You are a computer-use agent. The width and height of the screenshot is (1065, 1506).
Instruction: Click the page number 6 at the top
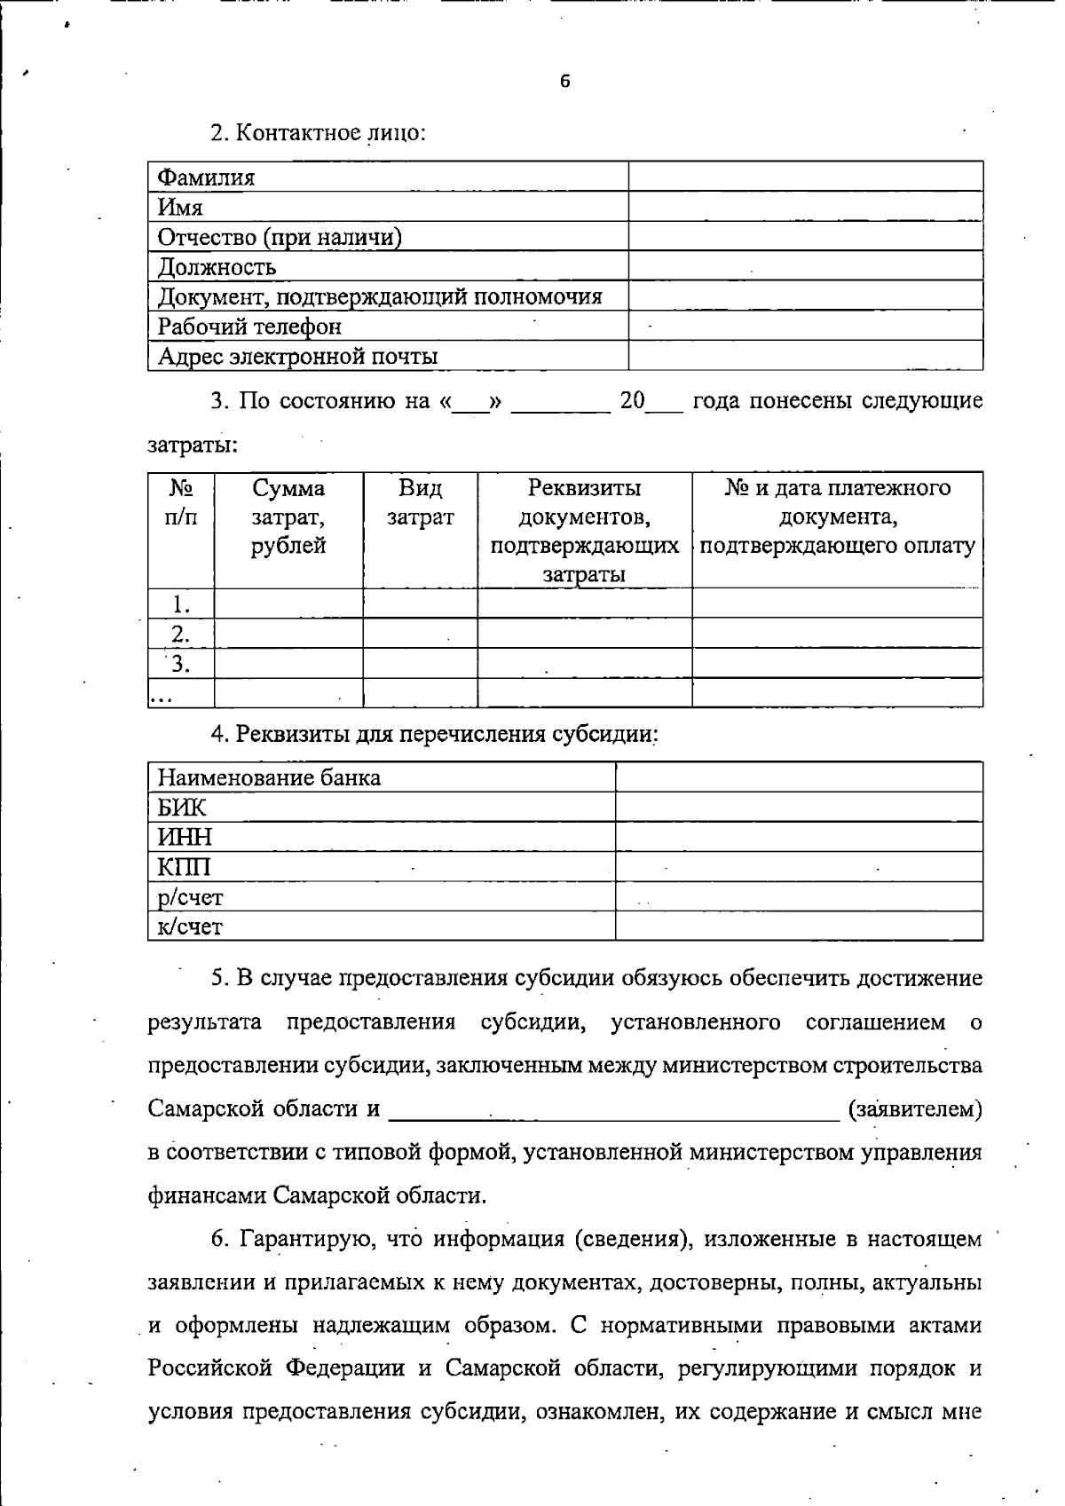[x=565, y=82]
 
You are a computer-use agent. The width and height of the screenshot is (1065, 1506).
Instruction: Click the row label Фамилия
[x=206, y=177]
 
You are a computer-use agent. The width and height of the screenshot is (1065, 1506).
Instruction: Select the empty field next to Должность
[x=805, y=266]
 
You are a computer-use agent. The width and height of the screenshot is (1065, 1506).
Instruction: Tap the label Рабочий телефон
[x=249, y=327]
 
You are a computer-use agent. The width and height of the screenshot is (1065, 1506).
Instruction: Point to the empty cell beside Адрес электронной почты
[x=805, y=356]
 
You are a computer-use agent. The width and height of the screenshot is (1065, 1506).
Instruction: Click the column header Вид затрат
[x=420, y=502]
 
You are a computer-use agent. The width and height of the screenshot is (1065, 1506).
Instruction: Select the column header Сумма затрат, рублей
[x=288, y=516]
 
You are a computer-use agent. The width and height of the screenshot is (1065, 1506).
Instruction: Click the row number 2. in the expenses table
[x=181, y=634]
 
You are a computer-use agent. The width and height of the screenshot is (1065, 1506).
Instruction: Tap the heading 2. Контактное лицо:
[x=318, y=133]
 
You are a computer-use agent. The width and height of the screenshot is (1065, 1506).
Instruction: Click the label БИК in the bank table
[x=182, y=808]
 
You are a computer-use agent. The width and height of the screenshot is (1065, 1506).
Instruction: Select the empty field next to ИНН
[x=799, y=837]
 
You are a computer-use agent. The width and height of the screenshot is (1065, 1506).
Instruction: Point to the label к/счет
[x=190, y=926]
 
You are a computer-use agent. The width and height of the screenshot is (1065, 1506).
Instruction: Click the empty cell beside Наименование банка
[x=799, y=777]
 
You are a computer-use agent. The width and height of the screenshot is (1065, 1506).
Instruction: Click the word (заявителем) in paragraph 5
[x=915, y=1109]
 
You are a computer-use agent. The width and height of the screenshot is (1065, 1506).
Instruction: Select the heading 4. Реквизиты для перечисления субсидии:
[x=434, y=735]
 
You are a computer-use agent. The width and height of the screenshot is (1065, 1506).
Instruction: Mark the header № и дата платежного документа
[x=837, y=516]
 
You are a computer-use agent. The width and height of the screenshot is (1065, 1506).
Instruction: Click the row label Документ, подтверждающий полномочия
[x=380, y=296]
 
